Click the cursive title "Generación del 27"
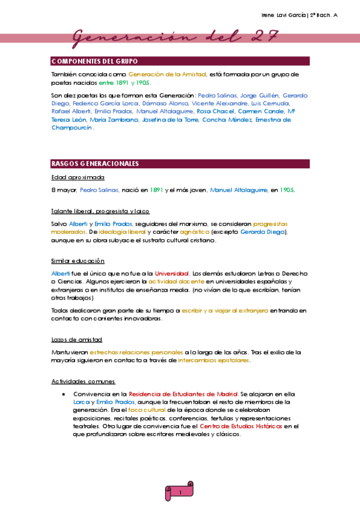pyautogui.click(x=175, y=38)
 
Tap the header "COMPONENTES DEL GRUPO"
pyautogui.click(x=95, y=61)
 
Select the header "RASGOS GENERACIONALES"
pyautogui.click(x=96, y=164)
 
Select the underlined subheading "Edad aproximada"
pyautogui.click(x=78, y=177)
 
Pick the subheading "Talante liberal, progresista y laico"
pyautogui.click(x=101, y=211)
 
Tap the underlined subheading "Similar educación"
pyautogui.click(x=78, y=261)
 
